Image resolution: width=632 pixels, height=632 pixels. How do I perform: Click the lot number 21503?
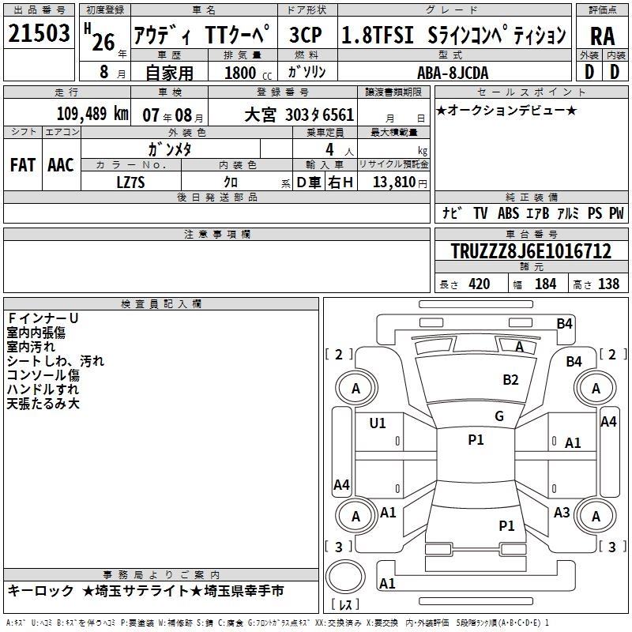coord(39,33)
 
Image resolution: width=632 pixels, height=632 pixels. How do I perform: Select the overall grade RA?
coord(602,36)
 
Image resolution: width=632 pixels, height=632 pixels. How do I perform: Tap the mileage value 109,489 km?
coord(92,114)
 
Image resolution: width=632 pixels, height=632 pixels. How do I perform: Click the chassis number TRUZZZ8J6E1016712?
coord(531,251)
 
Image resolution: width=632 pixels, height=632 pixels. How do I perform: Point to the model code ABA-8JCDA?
coord(453,73)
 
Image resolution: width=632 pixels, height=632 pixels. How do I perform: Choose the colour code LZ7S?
coord(130,182)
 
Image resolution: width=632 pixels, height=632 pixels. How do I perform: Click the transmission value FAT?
coord(23,165)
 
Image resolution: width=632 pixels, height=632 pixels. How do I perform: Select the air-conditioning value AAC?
coord(61,165)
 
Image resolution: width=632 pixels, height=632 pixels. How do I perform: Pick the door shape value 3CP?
coord(306,35)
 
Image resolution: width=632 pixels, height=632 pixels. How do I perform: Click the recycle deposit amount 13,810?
coord(393,182)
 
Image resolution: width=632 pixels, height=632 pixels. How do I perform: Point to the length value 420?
coord(479,284)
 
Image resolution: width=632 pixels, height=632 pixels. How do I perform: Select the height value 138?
coord(608,284)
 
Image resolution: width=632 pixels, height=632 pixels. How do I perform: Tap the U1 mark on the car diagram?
coord(378,423)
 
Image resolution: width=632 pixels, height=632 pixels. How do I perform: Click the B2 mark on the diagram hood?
coord(510,380)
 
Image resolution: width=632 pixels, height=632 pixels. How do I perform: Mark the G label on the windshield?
coord(499,416)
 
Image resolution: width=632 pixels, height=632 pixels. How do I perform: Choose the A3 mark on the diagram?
coord(562,513)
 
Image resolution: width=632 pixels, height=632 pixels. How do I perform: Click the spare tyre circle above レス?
coord(345,577)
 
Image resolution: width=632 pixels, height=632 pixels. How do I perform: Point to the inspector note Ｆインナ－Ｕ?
coord(43,318)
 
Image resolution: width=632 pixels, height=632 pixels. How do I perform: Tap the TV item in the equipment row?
coord(480,213)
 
